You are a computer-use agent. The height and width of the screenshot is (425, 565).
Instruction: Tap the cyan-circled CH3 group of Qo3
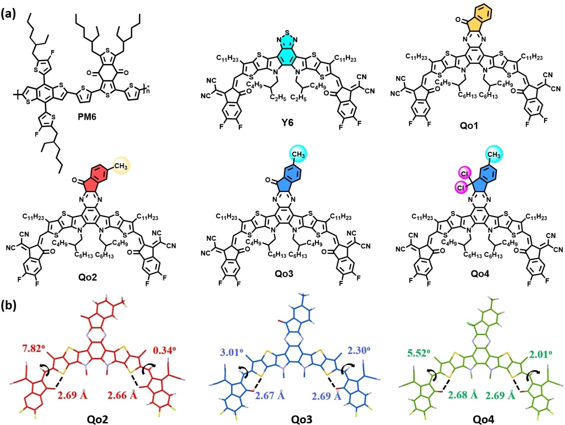pos(298,155)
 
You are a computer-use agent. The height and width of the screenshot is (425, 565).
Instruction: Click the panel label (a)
pos(9,13)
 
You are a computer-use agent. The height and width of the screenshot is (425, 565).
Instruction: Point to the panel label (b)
pos(9,307)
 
